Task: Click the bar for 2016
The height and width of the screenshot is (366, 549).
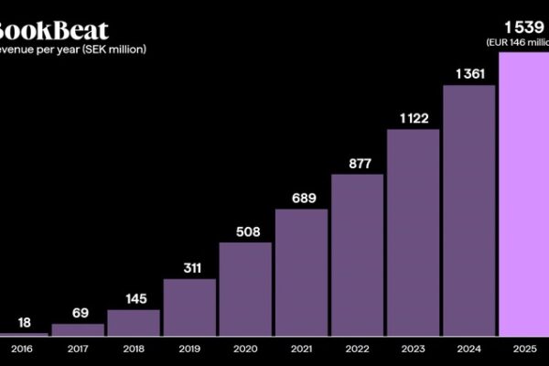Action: pos(22,334)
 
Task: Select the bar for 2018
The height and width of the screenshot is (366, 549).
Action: pos(134,323)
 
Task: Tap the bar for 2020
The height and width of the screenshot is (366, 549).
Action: pos(245,289)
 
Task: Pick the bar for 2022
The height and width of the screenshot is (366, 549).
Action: pos(357,255)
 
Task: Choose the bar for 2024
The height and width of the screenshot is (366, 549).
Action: pos(469,210)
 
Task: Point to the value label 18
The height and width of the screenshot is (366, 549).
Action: pos(25,322)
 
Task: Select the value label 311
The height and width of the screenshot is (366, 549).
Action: pos(189,268)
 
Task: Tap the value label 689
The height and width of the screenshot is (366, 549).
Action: pos(301,199)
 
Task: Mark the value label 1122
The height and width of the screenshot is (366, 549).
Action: pos(413,118)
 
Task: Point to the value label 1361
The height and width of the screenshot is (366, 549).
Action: pos(469,74)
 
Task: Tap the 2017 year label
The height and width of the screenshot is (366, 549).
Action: pos(78,350)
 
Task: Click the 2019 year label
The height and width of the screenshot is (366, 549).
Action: pos(189,350)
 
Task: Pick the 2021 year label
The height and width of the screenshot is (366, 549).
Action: pos(301,350)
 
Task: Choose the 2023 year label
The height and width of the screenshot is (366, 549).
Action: pos(413,350)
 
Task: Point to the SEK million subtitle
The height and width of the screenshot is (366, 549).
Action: pos(73,48)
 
